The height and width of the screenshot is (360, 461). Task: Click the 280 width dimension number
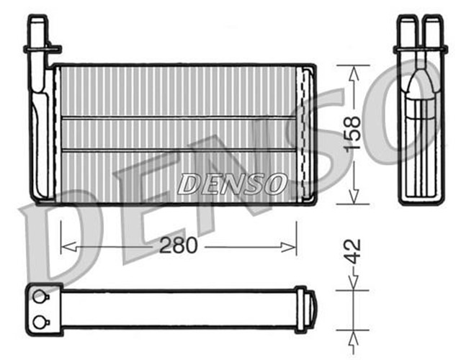coord(178,246)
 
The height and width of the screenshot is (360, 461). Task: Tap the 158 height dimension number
coord(352,134)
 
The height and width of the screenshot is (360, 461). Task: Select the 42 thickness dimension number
coord(352,253)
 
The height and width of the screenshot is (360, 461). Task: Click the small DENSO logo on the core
coord(233,184)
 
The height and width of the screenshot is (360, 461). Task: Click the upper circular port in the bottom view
coord(40,295)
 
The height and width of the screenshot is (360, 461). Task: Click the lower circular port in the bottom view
coord(40,321)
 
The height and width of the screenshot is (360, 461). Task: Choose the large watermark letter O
coord(418,108)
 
